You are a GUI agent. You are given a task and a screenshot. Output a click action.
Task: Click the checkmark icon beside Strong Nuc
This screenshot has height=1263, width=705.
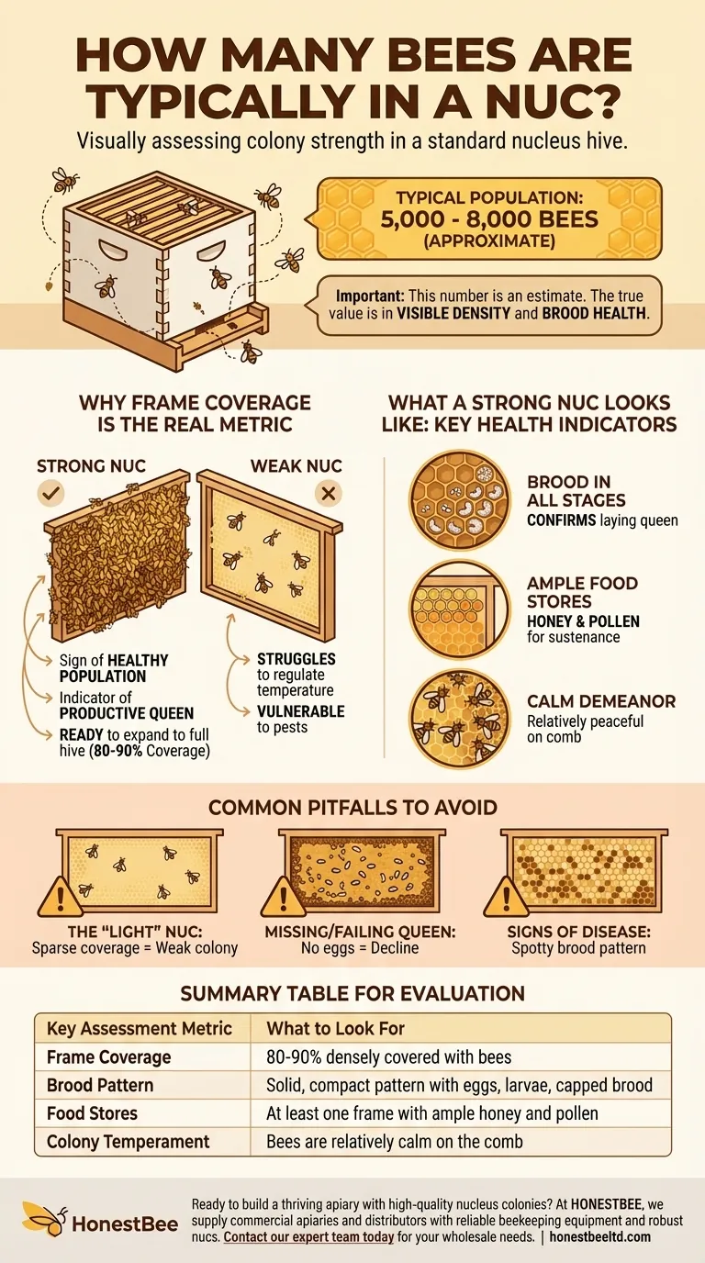pos(50,494)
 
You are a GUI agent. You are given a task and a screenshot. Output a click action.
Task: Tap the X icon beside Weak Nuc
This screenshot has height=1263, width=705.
pos(329,494)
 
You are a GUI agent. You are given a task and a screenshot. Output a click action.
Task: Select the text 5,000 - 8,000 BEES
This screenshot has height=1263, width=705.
pos(489,219)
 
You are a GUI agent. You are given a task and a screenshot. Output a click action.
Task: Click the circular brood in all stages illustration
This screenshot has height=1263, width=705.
pos(460,499)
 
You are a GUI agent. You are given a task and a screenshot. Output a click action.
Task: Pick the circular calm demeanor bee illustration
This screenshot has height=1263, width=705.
pos(460,720)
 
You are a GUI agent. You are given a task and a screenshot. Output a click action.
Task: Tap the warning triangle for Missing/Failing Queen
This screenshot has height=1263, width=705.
pos(283,897)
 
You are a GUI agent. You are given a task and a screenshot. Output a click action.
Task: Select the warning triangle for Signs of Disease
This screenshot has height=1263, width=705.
pos(507,897)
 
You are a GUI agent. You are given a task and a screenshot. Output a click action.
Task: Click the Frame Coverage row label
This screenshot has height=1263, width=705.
pos(109,1057)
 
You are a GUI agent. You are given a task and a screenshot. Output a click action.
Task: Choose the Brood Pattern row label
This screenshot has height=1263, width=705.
pos(100,1085)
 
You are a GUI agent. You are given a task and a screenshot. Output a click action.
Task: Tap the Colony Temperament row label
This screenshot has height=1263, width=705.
pos(128,1142)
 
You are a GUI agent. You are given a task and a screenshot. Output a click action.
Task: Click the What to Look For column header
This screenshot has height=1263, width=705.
pos(336,1028)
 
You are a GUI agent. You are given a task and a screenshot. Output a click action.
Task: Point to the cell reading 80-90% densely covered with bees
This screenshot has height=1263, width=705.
pos(388,1057)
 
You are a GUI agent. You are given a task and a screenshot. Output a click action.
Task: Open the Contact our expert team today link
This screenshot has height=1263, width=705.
pos(308,1237)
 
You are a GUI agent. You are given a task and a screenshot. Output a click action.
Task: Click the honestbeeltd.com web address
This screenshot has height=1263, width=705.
pos(599,1237)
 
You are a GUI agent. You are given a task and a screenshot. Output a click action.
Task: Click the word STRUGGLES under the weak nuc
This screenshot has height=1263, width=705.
pos(297,658)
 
